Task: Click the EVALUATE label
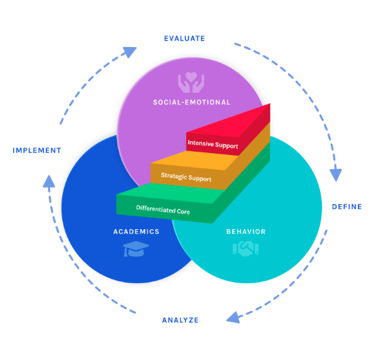184,38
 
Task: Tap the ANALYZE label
180,320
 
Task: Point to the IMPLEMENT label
37,150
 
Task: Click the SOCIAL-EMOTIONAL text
191,102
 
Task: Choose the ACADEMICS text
136,231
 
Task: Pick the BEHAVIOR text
246,231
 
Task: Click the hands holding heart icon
191,83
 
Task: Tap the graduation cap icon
136,249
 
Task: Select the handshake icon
245,248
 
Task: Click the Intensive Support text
213,145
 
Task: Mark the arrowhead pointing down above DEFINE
335,174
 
